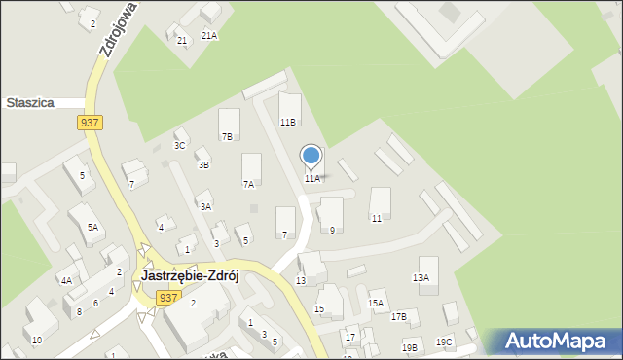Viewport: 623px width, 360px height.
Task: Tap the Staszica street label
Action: (29, 102)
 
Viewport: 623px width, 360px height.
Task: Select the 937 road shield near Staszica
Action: (88, 122)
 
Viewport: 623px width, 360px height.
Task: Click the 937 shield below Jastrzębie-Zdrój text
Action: (167, 298)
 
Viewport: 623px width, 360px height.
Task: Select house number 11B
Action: (288, 123)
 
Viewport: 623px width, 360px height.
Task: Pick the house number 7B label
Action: (227, 137)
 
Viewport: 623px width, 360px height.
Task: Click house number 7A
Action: (248, 184)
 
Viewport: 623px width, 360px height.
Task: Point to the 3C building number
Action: (179, 146)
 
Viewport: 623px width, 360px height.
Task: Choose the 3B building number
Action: (203, 165)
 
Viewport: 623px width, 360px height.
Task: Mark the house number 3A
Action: (205, 206)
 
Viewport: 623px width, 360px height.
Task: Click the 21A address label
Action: (209, 35)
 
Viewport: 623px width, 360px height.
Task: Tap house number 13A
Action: (421, 278)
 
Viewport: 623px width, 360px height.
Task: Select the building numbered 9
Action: (332, 230)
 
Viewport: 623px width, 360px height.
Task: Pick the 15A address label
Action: (376, 304)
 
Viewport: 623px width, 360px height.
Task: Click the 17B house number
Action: (399, 317)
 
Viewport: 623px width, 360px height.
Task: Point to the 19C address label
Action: (444, 342)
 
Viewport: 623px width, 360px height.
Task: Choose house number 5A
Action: (92, 227)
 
